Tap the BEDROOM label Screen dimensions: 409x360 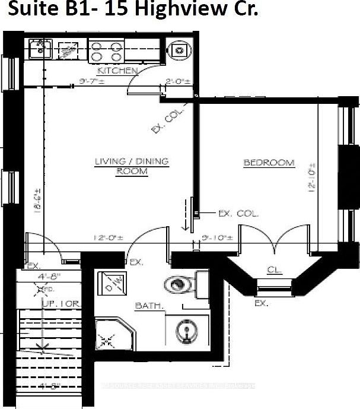(269, 163)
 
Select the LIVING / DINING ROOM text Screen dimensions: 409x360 (132, 166)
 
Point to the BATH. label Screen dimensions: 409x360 (146, 306)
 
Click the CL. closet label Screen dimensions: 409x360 (273, 270)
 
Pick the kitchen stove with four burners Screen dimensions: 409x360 (106, 51)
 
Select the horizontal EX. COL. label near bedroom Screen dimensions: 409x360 (238, 213)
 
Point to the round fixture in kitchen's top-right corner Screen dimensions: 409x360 (177, 50)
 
